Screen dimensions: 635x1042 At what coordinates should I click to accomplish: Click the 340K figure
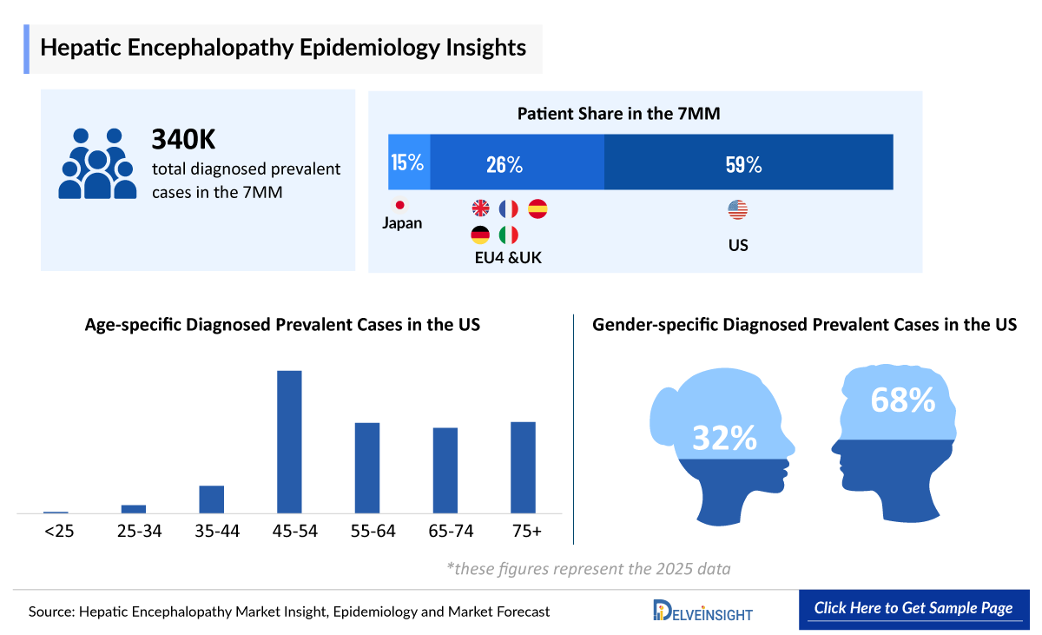click(x=183, y=139)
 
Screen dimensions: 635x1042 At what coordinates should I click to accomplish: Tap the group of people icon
click(x=97, y=162)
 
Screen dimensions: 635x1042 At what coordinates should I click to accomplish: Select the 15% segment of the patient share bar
click(x=408, y=162)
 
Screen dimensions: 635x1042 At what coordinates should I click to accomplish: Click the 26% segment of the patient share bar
click(x=517, y=162)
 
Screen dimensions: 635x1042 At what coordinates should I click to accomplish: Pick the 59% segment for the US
click(x=748, y=162)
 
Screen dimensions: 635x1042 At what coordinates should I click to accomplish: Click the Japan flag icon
click(x=400, y=206)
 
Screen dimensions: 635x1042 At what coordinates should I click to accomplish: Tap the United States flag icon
click(x=737, y=209)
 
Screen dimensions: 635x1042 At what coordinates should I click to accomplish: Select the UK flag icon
click(x=480, y=208)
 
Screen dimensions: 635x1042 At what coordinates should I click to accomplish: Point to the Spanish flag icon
click(x=537, y=208)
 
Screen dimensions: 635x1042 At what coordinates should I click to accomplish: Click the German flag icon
click(x=480, y=235)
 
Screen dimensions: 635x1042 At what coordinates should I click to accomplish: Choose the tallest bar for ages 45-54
click(x=289, y=441)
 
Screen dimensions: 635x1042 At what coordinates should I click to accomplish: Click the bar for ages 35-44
click(x=212, y=499)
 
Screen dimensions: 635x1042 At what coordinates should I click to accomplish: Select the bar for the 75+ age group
click(x=523, y=467)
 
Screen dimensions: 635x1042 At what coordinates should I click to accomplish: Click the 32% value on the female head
click(x=724, y=438)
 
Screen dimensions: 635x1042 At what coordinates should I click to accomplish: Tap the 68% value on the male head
click(x=902, y=400)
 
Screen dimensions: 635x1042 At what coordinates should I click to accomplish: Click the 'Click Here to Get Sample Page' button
click(x=913, y=608)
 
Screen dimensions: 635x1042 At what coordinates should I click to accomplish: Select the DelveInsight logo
click(x=702, y=610)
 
